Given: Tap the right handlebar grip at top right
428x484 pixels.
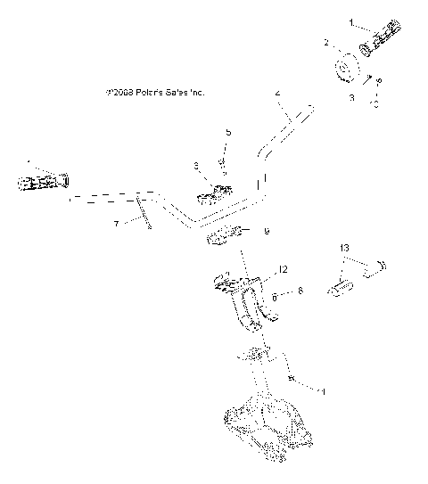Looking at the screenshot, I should (x=380, y=38).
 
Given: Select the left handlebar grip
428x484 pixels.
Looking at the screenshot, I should (x=42, y=183).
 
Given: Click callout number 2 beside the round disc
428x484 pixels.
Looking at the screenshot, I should (x=326, y=42).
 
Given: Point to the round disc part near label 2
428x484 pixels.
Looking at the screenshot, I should (x=344, y=69).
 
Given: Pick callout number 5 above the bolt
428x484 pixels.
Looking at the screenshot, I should (x=227, y=132).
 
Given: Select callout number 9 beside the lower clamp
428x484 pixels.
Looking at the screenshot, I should (x=266, y=232).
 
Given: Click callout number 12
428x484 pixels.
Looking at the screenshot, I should (x=283, y=268).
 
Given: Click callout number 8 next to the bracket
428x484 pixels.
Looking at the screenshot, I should (x=300, y=290).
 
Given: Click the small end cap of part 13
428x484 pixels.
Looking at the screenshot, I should (x=385, y=265).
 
